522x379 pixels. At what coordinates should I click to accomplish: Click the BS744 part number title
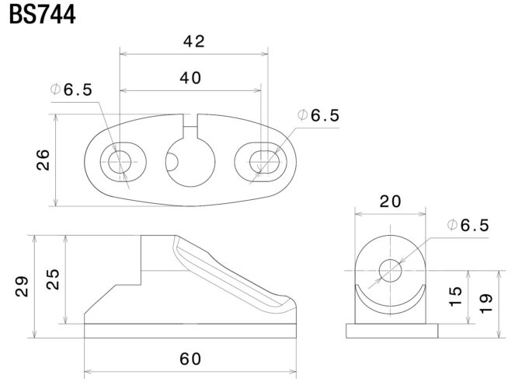pos(43,15)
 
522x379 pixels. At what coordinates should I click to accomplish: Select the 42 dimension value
pos(194,41)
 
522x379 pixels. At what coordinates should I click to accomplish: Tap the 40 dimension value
pos(190,78)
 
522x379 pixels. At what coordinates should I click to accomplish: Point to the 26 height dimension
pos(43,160)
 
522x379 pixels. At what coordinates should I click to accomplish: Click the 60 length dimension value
pos(190,359)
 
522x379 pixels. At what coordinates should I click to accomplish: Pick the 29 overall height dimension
pos(22,286)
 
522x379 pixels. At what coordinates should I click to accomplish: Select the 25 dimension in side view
pos(53,279)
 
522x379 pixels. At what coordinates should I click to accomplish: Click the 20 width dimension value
pos(391,202)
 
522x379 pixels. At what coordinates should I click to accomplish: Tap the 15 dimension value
pos(455,296)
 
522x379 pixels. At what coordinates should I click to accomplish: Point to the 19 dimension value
pos(485,304)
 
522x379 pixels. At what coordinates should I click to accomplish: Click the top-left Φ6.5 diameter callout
pos(71,89)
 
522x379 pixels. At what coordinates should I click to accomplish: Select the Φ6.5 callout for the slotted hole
pos(318,115)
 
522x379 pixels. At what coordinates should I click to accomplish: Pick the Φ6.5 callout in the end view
pos(468,226)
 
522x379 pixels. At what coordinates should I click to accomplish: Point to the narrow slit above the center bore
pos(190,126)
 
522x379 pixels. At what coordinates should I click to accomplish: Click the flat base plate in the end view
pos(391,331)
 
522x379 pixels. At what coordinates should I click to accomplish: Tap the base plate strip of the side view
pos(190,331)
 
